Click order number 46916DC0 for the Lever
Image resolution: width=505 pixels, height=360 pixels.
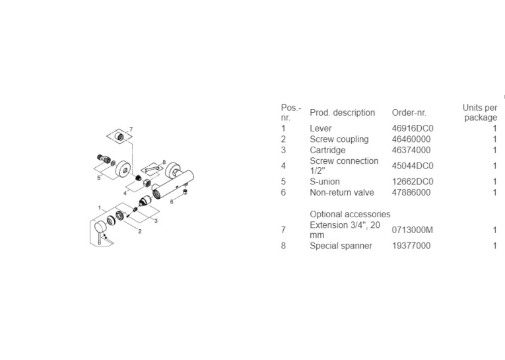click(413, 128)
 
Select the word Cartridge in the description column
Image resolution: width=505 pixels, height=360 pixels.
click(327, 150)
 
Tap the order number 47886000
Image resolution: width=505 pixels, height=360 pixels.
click(411, 192)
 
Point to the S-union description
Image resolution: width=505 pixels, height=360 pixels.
click(325, 182)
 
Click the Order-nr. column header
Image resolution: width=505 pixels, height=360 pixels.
click(409, 113)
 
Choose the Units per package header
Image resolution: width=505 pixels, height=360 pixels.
click(480, 112)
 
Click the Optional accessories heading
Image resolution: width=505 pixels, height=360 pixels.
click(350, 214)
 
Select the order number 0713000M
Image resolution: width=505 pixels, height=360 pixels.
click(413, 230)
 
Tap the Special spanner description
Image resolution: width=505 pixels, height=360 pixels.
click(341, 246)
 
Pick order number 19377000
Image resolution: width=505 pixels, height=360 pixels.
click(411, 246)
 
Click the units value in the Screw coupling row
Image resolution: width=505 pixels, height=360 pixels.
click(494, 139)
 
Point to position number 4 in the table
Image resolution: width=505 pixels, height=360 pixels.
click(283, 166)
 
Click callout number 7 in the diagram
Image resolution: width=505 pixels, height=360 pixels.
click(131, 129)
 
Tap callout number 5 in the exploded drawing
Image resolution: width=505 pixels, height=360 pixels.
click(99, 178)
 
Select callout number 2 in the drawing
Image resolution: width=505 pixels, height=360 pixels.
click(140, 231)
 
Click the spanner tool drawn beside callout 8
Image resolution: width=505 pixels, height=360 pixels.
click(152, 169)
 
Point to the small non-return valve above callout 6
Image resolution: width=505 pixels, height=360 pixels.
click(185, 192)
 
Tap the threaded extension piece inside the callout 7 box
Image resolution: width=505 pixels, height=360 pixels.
click(120, 136)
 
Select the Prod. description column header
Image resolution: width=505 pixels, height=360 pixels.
click(343, 113)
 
